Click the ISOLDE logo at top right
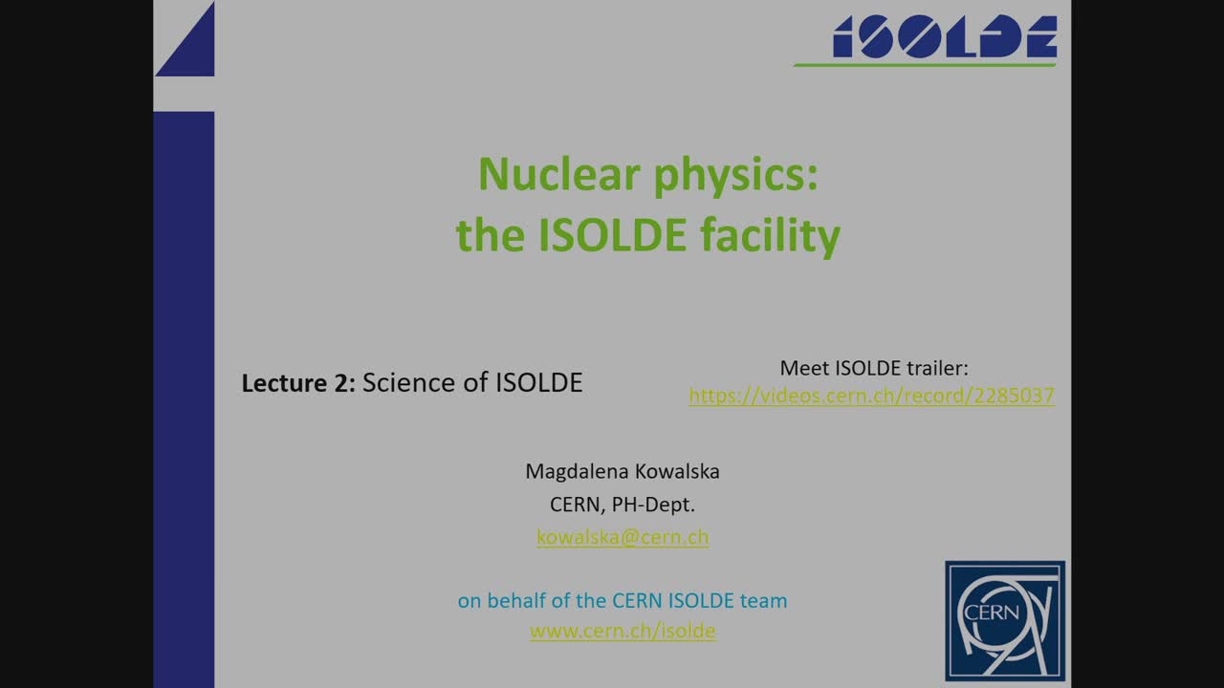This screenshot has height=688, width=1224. click(x=944, y=37)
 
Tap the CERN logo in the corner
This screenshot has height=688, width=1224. click(x=1004, y=620)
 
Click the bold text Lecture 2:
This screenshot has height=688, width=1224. click(x=297, y=383)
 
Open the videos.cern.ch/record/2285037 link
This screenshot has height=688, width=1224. click(x=871, y=396)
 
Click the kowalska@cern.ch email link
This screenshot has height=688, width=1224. click(x=623, y=537)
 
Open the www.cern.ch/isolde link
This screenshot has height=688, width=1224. click(x=623, y=631)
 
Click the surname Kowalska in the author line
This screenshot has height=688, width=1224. click(x=677, y=472)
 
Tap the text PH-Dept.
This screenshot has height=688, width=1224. click(x=660, y=505)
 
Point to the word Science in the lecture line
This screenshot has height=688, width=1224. click(x=408, y=382)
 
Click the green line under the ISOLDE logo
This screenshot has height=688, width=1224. click(x=925, y=65)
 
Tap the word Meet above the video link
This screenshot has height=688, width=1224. click(x=804, y=368)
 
